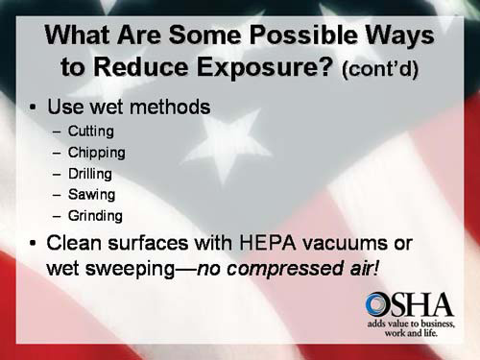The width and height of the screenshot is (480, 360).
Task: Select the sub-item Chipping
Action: coord(96,153)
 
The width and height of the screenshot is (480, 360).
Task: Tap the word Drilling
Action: coord(90,174)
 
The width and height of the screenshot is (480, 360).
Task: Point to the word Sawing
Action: coord(89,195)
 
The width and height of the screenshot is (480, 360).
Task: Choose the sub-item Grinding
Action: coord(95,216)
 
